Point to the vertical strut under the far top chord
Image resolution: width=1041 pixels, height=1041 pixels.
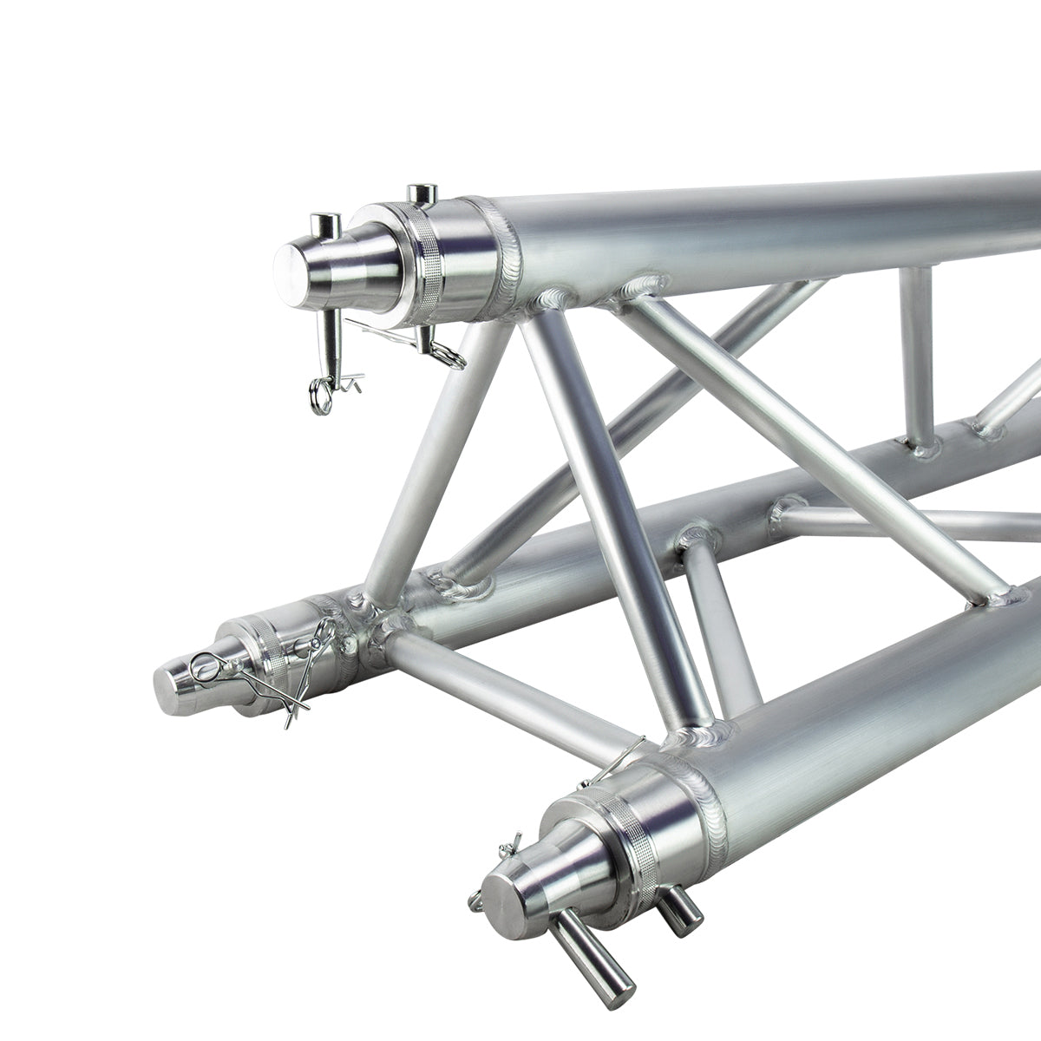click(x=914, y=356)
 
